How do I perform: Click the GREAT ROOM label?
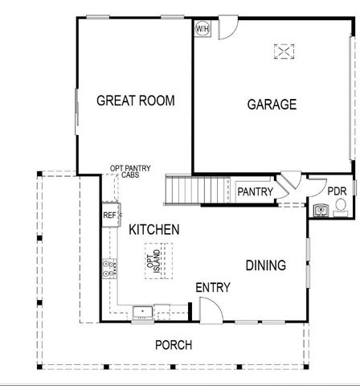(x=135, y=101)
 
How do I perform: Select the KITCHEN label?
(x=153, y=230)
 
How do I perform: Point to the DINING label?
(x=265, y=265)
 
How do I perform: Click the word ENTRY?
(x=213, y=287)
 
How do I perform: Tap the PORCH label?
(x=174, y=346)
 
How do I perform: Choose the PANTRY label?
(x=256, y=192)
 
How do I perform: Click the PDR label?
(x=337, y=191)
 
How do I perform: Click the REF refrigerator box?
(x=109, y=216)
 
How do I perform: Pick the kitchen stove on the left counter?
(x=106, y=269)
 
